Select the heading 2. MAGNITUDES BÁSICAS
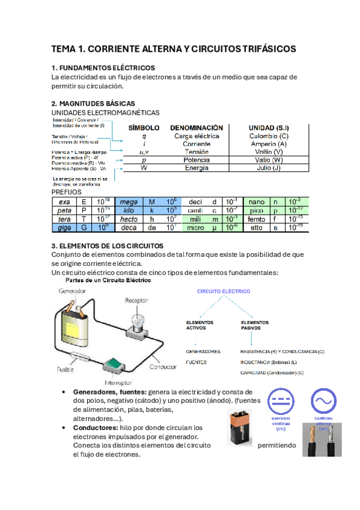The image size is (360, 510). tap(93, 103)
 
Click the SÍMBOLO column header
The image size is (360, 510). tap(144, 128)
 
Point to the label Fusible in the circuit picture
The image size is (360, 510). tap(66, 369)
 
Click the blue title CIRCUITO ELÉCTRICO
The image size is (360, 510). tap(224, 290)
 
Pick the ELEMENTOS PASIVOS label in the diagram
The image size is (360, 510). tap(255, 325)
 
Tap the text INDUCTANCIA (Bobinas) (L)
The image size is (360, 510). tap(267, 362)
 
